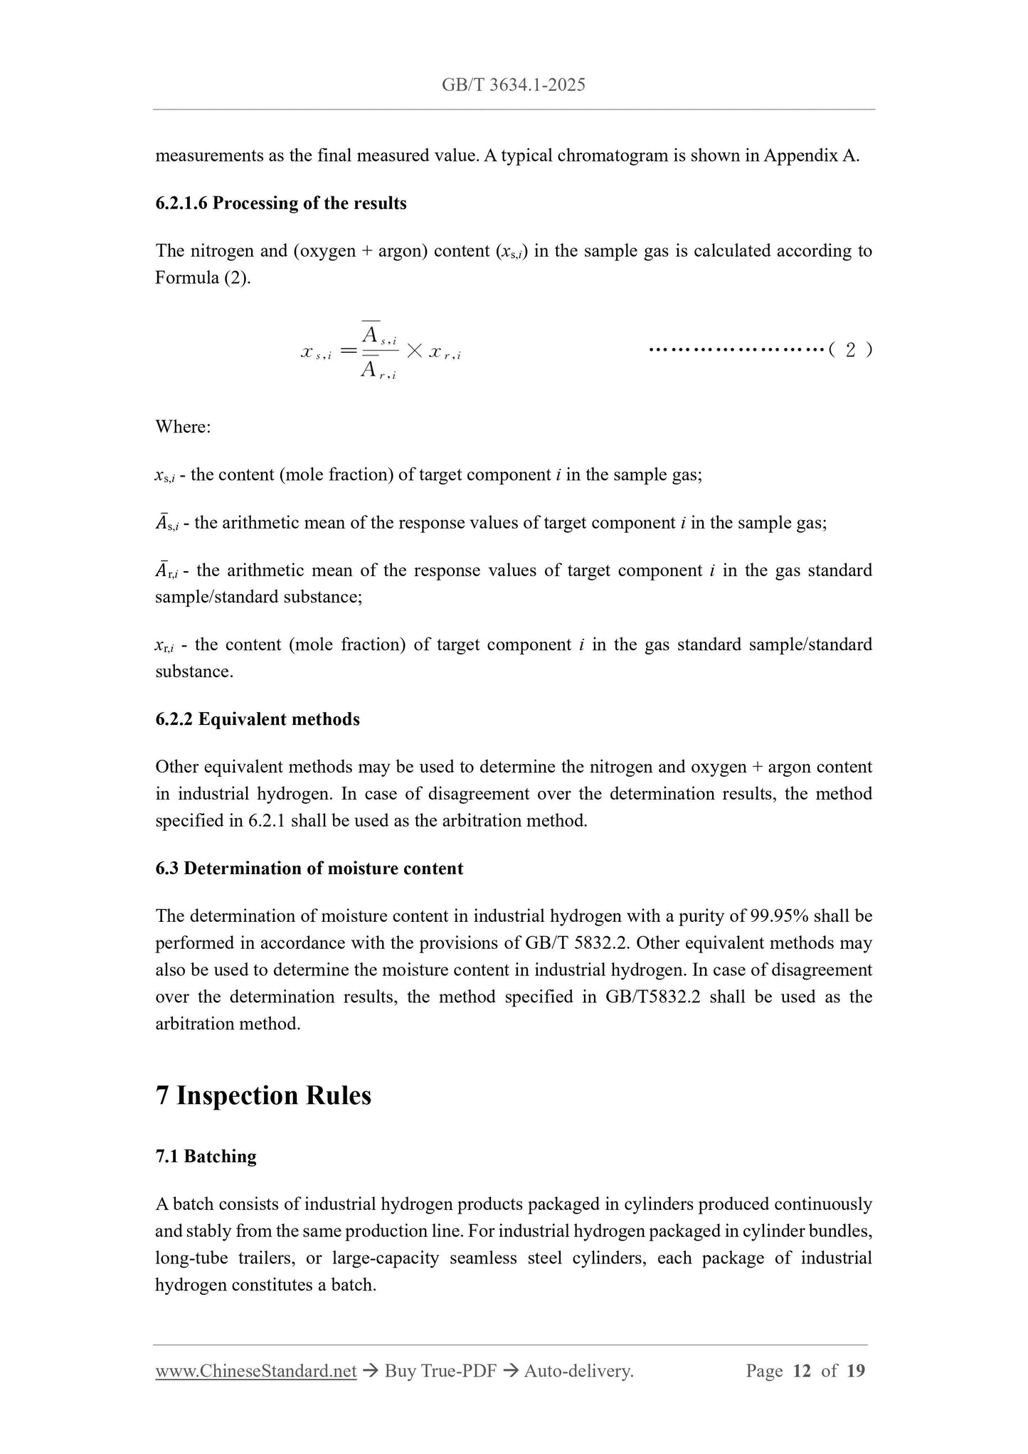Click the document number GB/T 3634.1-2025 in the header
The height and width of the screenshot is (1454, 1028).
(513, 85)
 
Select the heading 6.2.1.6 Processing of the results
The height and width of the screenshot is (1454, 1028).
(280, 203)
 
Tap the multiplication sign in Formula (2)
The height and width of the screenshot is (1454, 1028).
(415, 350)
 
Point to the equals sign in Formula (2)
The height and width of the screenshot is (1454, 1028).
(348, 350)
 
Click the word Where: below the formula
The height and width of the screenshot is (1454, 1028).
(183, 427)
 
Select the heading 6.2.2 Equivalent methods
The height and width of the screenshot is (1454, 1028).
(257, 719)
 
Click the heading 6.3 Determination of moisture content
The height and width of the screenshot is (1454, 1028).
(309, 869)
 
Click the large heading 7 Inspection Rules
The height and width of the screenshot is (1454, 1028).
(263, 1095)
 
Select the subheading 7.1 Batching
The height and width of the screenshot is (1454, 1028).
(206, 1156)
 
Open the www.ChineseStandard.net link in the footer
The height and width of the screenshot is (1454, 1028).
(255, 1371)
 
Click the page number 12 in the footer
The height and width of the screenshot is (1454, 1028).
(801, 1371)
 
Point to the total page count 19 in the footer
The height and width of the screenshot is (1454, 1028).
(856, 1371)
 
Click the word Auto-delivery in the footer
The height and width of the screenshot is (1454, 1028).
(578, 1371)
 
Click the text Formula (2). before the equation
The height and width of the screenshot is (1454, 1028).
(203, 277)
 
